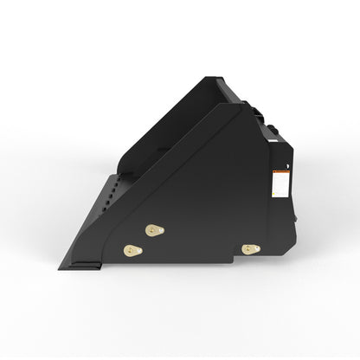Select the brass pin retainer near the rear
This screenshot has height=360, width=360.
(x=251, y=249)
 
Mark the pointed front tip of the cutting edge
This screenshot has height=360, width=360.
(x=61, y=268)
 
